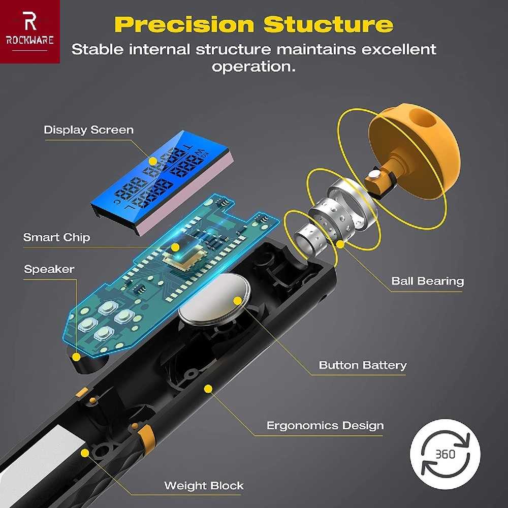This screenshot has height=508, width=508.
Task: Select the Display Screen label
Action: tap(88, 130)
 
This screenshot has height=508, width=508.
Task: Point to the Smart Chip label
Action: tap(56, 237)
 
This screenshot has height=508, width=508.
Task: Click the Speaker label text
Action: tap(49, 269)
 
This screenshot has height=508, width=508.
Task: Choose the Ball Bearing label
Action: tap(427, 281)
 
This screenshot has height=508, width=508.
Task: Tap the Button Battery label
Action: tap(363, 365)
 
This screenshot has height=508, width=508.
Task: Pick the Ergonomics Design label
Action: tap(325, 425)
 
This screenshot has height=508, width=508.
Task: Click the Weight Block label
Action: tap(204, 485)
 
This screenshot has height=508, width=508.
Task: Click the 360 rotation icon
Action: tap(445, 454)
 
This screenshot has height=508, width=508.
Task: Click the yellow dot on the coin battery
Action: tap(237, 301)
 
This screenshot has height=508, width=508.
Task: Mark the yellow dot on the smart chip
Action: tap(175, 247)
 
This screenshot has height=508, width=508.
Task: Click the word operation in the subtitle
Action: tap(253, 67)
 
